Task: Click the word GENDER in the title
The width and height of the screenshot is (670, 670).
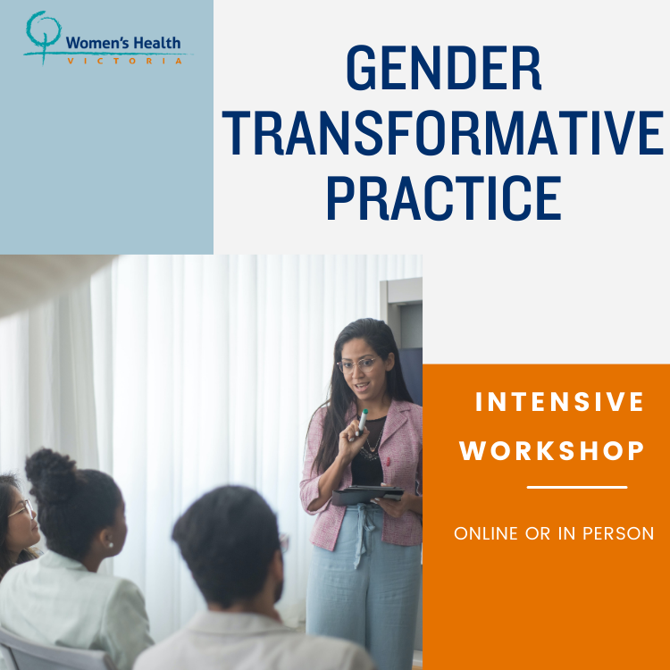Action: (444, 68)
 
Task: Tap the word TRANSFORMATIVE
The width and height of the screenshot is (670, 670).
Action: (443, 133)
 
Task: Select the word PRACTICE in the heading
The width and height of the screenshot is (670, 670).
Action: (444, 197)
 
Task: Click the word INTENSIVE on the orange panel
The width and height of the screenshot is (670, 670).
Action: (559, 402)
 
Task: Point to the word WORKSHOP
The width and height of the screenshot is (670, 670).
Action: (552, 450)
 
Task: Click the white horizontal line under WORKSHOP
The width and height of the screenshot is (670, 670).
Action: (577, 487)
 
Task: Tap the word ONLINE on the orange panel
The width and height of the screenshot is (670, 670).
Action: (486, 533)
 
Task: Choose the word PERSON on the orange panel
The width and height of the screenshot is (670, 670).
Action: (618, 533)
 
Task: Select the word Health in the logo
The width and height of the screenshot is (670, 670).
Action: (157, 43)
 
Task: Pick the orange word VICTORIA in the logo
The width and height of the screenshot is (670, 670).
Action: (125, 61)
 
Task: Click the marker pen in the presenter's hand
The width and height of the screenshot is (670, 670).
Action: (363, 422)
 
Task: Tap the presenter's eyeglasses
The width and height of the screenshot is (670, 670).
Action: (359, 364)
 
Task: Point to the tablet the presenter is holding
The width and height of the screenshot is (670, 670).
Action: (367, 495)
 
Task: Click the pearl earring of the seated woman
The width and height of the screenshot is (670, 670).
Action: (110, 544)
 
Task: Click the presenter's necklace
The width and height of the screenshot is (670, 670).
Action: (371, 446)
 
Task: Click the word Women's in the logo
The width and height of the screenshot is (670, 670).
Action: (97, 43)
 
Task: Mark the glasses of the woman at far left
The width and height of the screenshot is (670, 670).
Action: (21, 509)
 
